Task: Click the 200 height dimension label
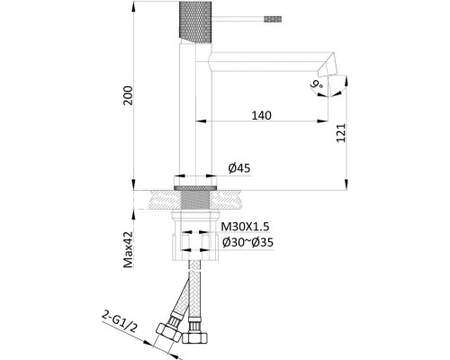128,95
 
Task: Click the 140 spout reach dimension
261,115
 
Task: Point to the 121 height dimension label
341,133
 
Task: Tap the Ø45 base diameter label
239,168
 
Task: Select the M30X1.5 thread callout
245,227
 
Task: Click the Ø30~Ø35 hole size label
247,242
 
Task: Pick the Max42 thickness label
129,249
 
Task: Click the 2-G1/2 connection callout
120,322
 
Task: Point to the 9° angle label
317,85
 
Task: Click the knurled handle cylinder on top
195,22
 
